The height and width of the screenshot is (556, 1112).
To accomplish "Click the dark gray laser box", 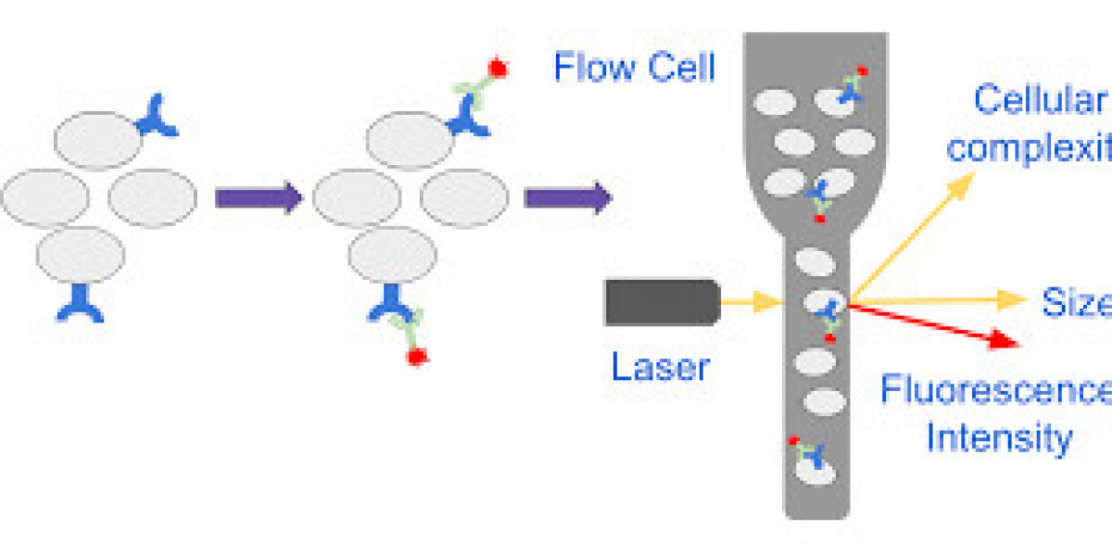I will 662,302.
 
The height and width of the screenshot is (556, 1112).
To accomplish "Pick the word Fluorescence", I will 996,390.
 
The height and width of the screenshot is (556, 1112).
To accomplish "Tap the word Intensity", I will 999,436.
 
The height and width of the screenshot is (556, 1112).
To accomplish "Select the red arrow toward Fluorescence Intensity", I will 936,324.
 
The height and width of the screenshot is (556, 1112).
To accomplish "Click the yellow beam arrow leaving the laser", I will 751,301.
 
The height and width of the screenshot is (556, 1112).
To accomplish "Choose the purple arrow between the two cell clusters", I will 259,197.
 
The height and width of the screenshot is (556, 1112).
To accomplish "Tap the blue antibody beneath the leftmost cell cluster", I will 80,302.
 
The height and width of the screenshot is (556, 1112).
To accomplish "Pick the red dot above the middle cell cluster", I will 498,68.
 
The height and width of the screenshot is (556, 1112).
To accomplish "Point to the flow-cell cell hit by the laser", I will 824,303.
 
